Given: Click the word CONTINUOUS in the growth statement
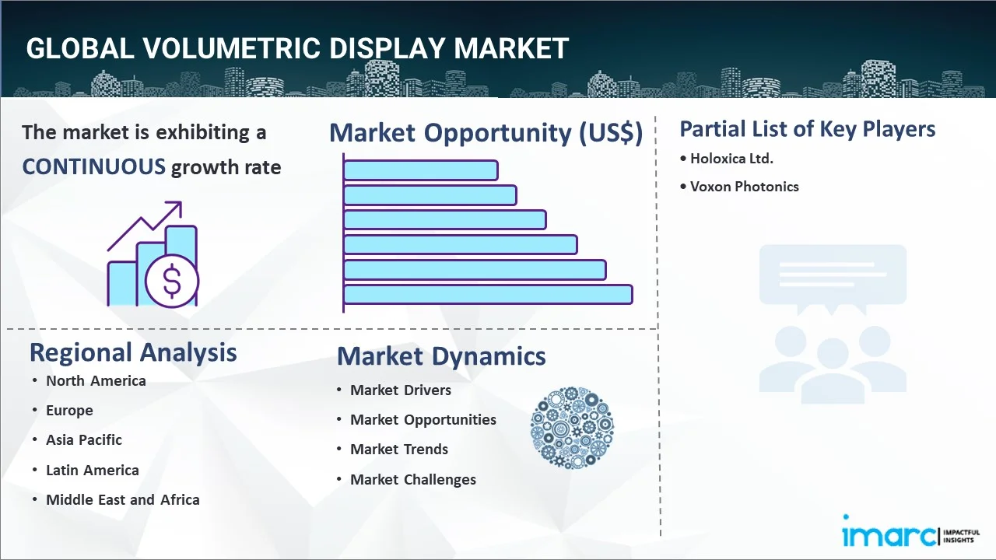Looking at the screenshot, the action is coord(94,167).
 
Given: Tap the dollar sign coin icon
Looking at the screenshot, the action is coord(172,282).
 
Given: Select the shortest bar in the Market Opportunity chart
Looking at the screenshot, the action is coord(421,170).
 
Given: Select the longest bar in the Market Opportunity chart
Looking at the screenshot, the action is coord(488,295).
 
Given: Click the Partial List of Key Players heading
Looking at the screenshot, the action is coord(808,129).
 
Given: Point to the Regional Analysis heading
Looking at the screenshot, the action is coord(133,352).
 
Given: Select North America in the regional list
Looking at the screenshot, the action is coord(96,381).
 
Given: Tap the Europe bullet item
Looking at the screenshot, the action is coord(69,411).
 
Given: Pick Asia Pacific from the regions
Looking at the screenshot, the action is coord(84,440).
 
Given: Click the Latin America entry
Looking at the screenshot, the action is coord(93,471).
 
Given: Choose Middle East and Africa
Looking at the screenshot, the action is coord(123,500).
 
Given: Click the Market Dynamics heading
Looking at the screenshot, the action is coord(441,356).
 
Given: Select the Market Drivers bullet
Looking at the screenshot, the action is coord(401,390).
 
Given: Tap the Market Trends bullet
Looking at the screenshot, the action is coord(399,450).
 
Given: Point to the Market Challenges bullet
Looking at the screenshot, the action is coord(413,480).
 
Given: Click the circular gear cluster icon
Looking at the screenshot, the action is coord(572,428).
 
